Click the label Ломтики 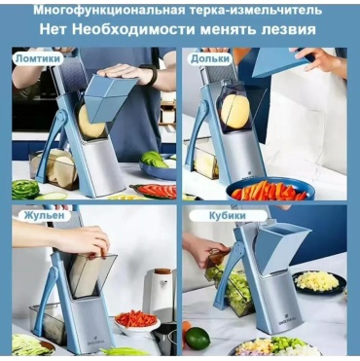point(38,58)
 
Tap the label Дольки point(210,58)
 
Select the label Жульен point(44,215)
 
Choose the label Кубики point(228,216)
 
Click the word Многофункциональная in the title point(107,10)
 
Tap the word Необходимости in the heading point(133,29)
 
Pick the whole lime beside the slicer point(198,339)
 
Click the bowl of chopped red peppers point(136,322)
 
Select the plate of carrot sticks point(270,189)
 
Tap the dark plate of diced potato point(318,282)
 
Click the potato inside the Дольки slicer point(235,111)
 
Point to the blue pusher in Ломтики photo point(111,97)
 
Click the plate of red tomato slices point(154,191)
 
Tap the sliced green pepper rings point(25,189)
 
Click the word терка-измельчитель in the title point(254,10)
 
